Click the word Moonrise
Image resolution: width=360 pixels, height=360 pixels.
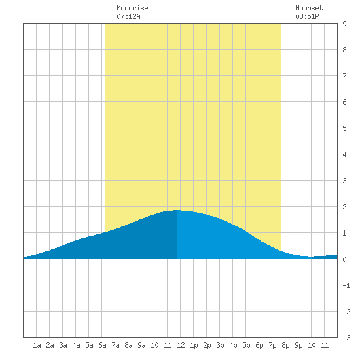(132, 8)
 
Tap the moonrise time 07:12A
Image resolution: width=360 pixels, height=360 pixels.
(128, 16)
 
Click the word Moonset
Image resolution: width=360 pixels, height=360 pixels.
(309, 8)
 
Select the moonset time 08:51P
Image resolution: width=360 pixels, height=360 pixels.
(307, 16)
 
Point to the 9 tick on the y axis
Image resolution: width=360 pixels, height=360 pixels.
(344, 24)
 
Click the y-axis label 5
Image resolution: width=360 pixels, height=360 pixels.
(344, 128)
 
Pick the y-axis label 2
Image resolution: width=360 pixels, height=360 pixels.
(344, 207)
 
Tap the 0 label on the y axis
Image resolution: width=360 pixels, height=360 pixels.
(344, 259)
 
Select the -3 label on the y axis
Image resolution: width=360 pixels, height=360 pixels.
(346, 338)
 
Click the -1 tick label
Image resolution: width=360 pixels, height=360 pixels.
(346, 285)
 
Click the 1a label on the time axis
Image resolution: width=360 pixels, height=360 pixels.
(37, 345)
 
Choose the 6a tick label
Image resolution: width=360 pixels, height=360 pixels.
(102, 345)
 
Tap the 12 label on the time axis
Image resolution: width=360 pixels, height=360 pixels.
(181, 345)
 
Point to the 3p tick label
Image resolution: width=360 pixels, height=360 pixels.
(220, 345)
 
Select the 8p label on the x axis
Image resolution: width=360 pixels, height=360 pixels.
(285, 345)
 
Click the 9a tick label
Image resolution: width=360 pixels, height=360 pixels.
(141, 345)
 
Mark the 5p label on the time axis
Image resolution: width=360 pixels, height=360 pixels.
(246, 345)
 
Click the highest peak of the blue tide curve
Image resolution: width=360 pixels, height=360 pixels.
(177, 210)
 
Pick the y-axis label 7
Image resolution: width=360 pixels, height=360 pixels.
(344, 76)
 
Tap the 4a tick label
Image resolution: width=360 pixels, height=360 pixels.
(76, 345)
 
